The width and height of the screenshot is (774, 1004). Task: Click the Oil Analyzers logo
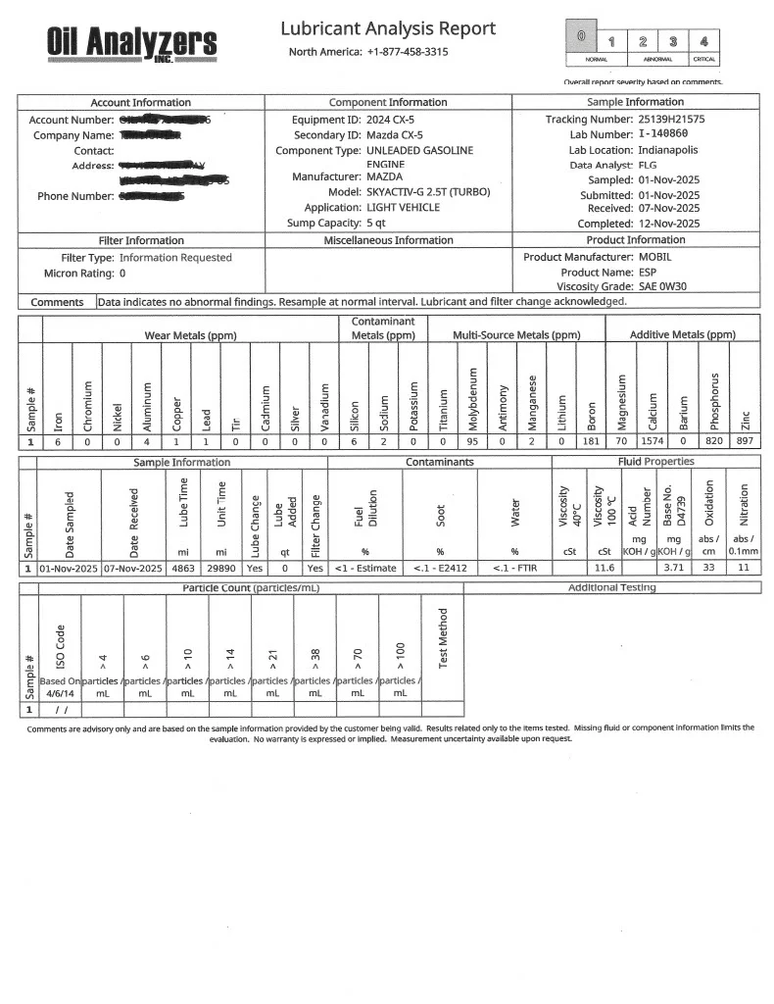pos(131,42)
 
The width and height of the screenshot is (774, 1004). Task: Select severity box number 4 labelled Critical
pos(702,41)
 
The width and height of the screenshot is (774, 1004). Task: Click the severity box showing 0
pos(581,37)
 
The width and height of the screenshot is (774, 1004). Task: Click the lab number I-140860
pos(669,134)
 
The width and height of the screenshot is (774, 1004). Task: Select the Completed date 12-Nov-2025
pos(669,224)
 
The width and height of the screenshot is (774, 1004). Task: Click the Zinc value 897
pos(745,442)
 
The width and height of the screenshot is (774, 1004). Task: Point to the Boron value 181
pos(591,442)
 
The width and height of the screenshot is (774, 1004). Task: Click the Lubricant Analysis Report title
pos(388,29)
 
